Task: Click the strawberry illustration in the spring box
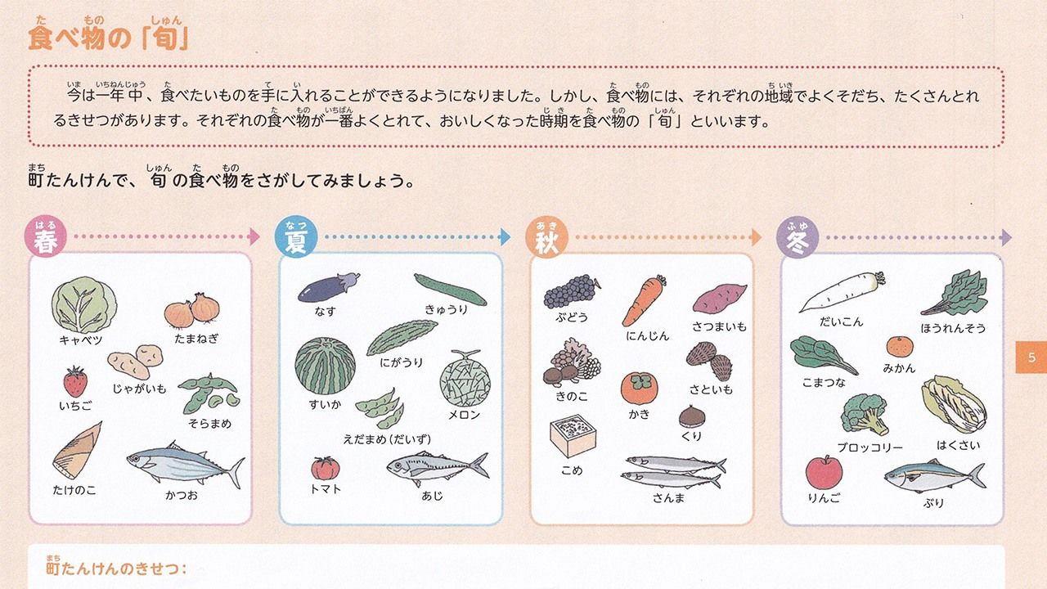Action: (75, 381)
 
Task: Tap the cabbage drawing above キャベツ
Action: (84, 304)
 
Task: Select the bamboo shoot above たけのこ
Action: (77, 451)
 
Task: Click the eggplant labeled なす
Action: (329, 287)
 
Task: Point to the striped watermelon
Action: (325, 366)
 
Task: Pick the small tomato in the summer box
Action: (326, 469)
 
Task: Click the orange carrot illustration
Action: (644, 300)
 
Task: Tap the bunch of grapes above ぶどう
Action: (571, 291)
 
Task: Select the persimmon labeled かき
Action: (639, 388)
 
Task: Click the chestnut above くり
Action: (692, 416)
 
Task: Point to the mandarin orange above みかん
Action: (900, 348)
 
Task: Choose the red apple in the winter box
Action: (824, 472)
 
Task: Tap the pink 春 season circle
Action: (45, 236)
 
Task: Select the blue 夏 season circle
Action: (296, 236)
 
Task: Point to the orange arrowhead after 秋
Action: (756, 237)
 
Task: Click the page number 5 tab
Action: (1031, 357)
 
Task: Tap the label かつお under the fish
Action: (182, 495)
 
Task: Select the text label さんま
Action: (668, 498)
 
